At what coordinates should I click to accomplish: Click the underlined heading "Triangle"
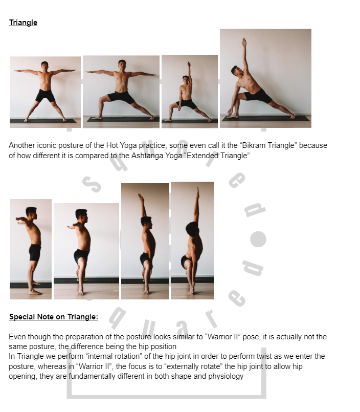(x=23, y=23)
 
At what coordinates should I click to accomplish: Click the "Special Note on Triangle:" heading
(x=53, y=317)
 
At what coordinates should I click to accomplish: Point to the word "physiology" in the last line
(x=225, y=376)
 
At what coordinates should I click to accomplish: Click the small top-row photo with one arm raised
(x=189, y=91)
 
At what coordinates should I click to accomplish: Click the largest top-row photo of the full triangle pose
(x=265, y=78)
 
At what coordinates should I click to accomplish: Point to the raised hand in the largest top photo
(x=244, y=40)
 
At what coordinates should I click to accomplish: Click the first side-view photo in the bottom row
(x=31, y=249)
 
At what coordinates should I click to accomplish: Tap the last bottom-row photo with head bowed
(x=192, y=240)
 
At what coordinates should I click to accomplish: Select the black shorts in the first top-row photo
(x=45, y=95)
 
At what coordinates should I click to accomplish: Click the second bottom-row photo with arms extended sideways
(x=86, y=251)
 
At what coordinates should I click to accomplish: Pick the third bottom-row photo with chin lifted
(x=145, y=241)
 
